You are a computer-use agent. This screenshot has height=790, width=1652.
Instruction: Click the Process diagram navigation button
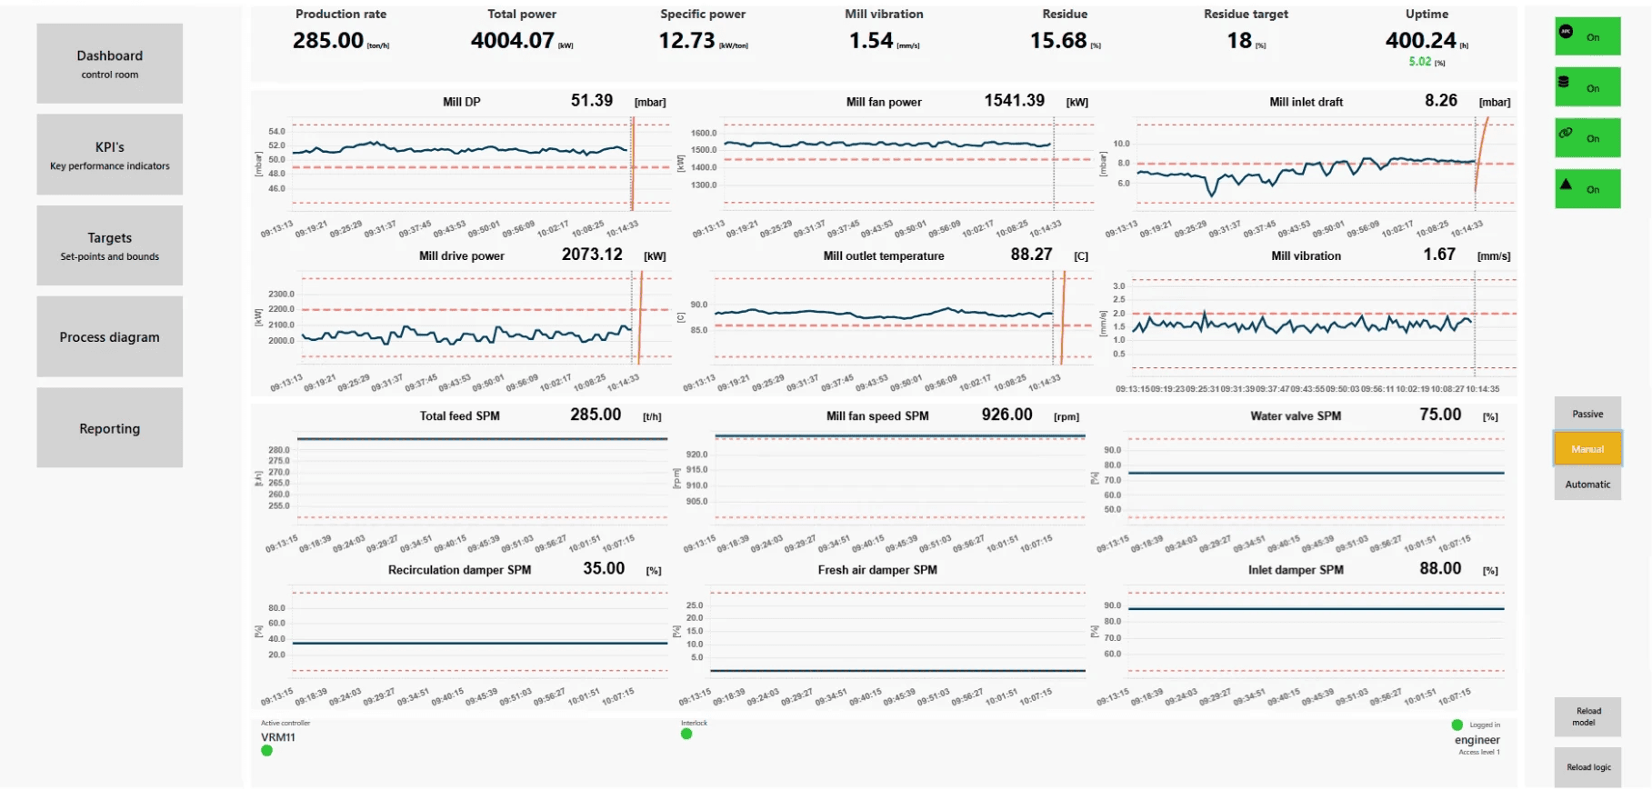(x=109, y=336)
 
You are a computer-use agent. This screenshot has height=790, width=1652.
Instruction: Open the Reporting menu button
(x=109, y=428)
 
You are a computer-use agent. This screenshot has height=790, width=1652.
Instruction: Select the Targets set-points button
(x=109, y=245)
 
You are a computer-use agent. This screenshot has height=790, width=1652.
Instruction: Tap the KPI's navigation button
(x=109, y=155)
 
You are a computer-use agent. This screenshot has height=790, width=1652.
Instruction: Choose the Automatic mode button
(x=1587, y=485)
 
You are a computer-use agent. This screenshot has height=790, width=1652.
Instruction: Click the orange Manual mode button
(x=1587, y=449)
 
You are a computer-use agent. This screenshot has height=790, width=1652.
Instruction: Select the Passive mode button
(x=1587, y=414)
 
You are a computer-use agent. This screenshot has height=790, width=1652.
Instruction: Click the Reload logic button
(x=1587, y=767)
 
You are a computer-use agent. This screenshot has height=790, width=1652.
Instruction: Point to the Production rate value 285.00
(x=328, y=41)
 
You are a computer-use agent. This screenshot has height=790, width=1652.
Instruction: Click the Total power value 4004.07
(x=512, y=41)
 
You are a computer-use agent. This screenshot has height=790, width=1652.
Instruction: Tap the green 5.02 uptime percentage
(x=1419, y=62)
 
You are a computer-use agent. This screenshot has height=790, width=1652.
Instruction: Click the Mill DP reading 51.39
(x=592, y=101)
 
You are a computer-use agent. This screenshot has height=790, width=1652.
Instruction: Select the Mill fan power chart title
(x=884, y=102)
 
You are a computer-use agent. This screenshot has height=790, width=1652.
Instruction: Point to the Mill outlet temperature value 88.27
(x=1031, y=255)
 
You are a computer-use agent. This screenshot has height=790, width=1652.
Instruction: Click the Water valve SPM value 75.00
(x=1440, y=415)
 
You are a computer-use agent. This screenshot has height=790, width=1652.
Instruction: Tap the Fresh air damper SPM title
(x=877, y=570)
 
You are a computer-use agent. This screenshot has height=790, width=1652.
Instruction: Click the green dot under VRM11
(x=267, y=751)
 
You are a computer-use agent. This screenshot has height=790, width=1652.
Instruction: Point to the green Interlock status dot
(x=686, y=734)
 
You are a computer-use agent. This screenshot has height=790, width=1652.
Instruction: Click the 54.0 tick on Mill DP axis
(x=276, y=132)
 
